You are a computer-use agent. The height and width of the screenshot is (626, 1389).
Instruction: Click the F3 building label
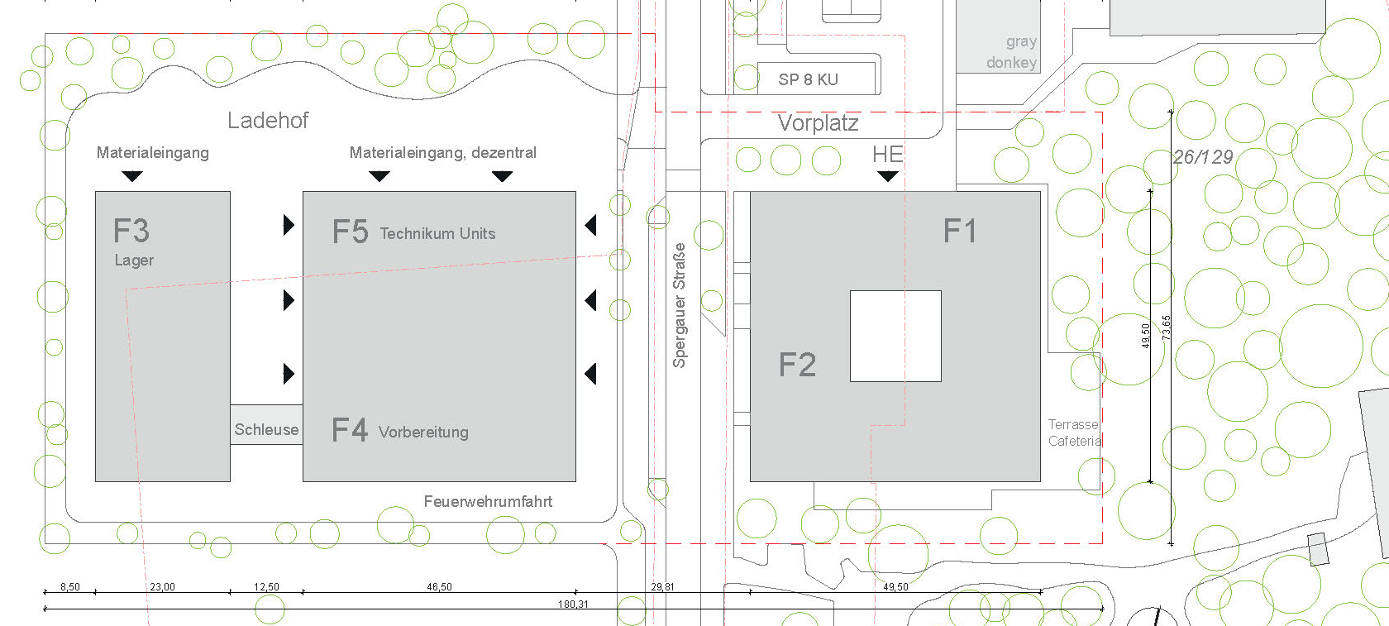click(x=131, y=231)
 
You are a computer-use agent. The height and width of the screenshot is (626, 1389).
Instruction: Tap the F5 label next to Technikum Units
click(x=350, y=232)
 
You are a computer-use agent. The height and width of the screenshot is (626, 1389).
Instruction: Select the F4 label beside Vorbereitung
click(x=349, y=430)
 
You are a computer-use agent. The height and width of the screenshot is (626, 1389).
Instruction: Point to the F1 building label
click(x=960, y=232)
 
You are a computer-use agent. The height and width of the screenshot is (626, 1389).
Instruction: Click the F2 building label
click(x=797, y=365)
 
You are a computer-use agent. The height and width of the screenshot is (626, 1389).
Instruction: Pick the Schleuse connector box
click(x=266, y=425)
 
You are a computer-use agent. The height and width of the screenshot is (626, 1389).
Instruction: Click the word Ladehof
click(x=268, y=121)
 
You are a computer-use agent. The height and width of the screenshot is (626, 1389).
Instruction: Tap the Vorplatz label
click(x=818, y=123)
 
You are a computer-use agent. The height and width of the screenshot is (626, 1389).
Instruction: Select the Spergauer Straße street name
click(x=680, y=305)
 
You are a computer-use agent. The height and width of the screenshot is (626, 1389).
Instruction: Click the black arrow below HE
click(x=887, y=176)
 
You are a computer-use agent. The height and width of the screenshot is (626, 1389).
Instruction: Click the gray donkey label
click(x=1011, y=51)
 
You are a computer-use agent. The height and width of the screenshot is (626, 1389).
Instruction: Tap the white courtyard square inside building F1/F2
click(x=895, y=336)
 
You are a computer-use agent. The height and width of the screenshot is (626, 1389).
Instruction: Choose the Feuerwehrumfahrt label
click(x=488, y=501)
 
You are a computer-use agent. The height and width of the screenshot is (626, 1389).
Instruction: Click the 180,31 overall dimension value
click(x=573, y=604)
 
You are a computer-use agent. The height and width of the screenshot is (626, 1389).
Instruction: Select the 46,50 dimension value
click(x=439, y=587)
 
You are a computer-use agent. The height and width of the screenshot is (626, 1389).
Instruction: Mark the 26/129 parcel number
click(x=1203, y=157)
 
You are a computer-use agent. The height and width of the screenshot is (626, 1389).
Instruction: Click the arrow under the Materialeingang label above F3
click(x=132, y=176)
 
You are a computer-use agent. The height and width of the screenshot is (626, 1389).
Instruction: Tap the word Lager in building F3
click(x=134, y=260)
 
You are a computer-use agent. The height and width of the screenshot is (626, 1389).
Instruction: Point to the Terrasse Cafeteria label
click(x=1075, y=432)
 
